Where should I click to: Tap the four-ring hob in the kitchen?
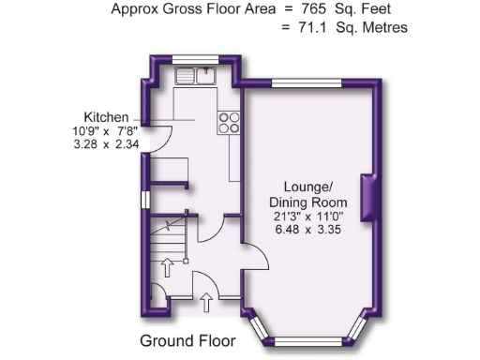point(229,122)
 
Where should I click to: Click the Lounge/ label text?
point(307,187)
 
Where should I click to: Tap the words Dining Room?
point(307,202)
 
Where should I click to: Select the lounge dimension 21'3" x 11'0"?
point(307,217)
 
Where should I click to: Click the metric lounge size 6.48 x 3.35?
point(307,231)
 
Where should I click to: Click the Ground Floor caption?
point(187,340)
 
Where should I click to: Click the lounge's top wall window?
point(300,82)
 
